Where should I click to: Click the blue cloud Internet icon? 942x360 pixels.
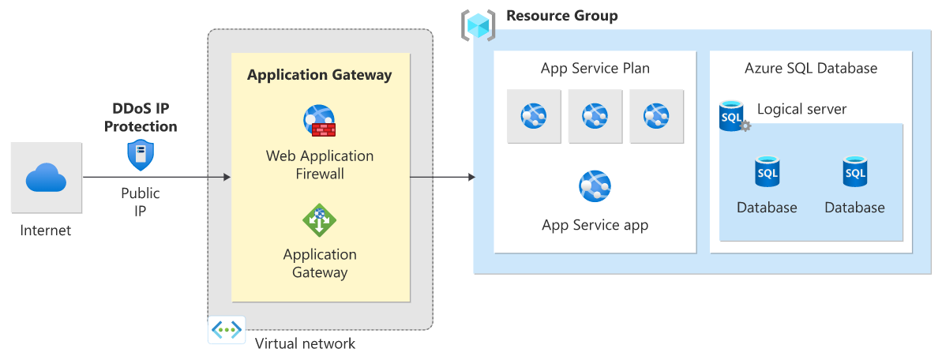click(x=47, y=178)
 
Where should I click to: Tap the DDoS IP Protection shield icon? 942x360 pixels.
click(x=141, y=156)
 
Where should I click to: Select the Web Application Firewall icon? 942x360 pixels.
click(x=319, y=121)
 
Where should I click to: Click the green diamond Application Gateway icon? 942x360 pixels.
click(x=319, y=220)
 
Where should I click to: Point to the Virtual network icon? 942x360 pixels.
click(x=227, y=329)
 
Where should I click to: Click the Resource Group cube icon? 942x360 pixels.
click(x=478, y=25)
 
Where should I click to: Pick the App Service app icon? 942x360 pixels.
click(x=595, y=186)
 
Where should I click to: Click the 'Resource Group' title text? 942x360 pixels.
click(x=561, y=16)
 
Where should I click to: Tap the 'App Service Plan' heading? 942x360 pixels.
click(x=595, y=69)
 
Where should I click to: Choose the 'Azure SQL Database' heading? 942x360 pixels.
click(x=811, y=69)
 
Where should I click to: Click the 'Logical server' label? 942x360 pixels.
click(x=801, y=109)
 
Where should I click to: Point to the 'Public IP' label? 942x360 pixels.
click(x=141, y=202)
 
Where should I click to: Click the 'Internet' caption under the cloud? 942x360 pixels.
click(x=46, y=231)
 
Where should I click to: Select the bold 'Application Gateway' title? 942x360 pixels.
click(x=319, y=76)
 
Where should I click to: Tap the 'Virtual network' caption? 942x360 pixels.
click(x=305, y=343)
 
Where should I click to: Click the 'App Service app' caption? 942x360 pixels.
click(x=595, y=225)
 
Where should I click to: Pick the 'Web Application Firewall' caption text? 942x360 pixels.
click(x=319, y=164)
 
